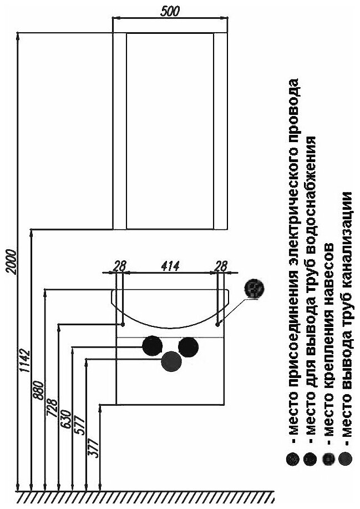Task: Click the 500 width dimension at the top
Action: coord(170,12)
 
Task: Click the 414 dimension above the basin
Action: coord(170,266)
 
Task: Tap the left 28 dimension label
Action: coord(119,266)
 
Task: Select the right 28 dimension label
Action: coord(221,266)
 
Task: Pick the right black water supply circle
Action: coord(188,346)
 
